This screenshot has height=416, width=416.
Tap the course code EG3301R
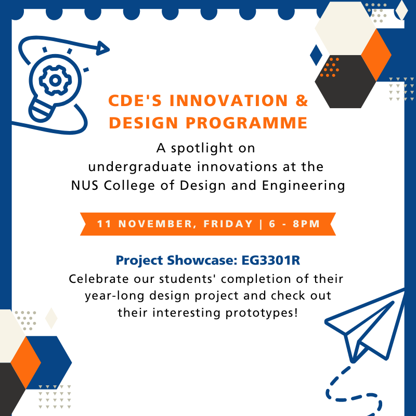coord(271,260)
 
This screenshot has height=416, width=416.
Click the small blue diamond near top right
coord(316,55)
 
